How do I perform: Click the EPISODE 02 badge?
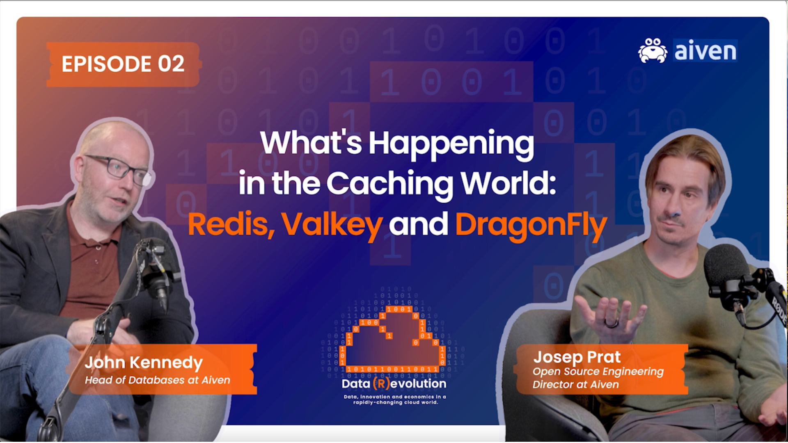[x=123, y=64]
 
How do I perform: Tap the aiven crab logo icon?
[x=653, y=50]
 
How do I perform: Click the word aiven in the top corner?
[x=705, y=51]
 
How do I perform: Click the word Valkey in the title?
[x=332, y=225]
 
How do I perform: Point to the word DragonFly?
[x=531, y=225]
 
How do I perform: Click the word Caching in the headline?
[x=390, y=183]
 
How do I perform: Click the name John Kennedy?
[x=144, y=362]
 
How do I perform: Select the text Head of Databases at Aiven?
[x=157, y=380]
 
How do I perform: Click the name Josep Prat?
[x=577, y=357]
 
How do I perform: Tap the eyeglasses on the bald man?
[x=119, y=169]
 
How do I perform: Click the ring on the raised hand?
[x=612, y=323]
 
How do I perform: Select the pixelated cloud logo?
[x=393, y=336]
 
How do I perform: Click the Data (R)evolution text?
[x=394, y=384]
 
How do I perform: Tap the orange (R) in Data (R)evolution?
[x=381, y=384]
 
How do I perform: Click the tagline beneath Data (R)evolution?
[x=395, y=400]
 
